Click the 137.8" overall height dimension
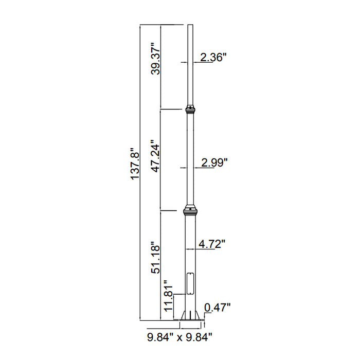pyautogui.click(x=135, y=165)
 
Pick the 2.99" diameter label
pyautogui.click(x=214, y=163)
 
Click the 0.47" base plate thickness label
pyautogui.click(x=218, y=308)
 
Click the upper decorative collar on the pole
pyautogui.click(x=190, y=109)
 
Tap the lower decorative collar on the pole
pyautogui.click(x=190, y=210)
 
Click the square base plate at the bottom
pyautogui.click(x=191, y=320)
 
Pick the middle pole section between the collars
pyautogui.click(x=190, y=159)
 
